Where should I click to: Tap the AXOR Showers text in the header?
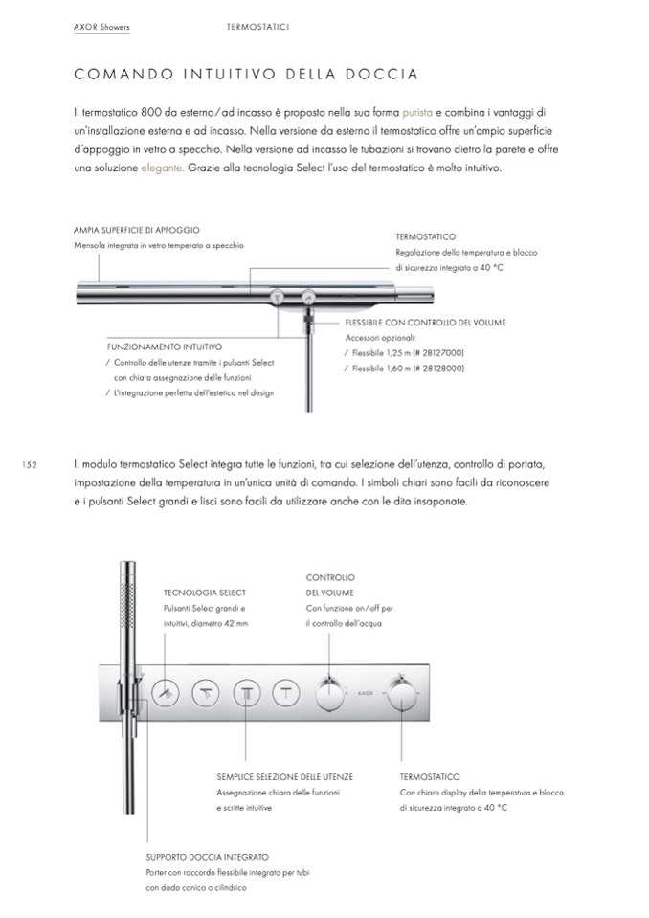(x=101, y=28)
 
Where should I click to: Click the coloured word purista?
(x=420, y=112)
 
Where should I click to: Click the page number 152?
(x=28, y=465)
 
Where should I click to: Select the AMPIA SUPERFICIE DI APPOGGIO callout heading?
(x=136, y=230)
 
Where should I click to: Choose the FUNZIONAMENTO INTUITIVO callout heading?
(x=164, y=347)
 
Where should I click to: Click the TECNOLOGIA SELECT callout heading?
(x=205, y=593)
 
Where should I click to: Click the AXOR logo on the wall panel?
(x=363, y=689)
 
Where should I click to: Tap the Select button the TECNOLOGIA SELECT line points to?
(x=166, y=691)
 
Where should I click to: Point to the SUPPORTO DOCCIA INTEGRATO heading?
(x=207, y=857)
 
